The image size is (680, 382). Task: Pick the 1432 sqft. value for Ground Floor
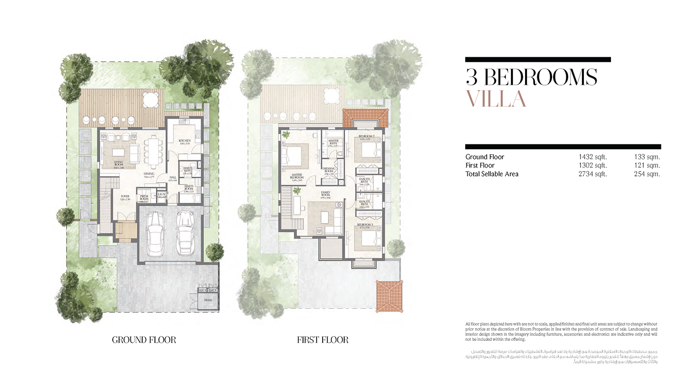click(x=593, y=157)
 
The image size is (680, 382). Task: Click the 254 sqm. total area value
click(x=647, y=174)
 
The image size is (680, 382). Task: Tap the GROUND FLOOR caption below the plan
click(x=144, y=339)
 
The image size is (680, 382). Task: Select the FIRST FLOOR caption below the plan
click(x=323, y=339)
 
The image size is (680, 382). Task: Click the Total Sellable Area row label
click(x=492, y=174)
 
